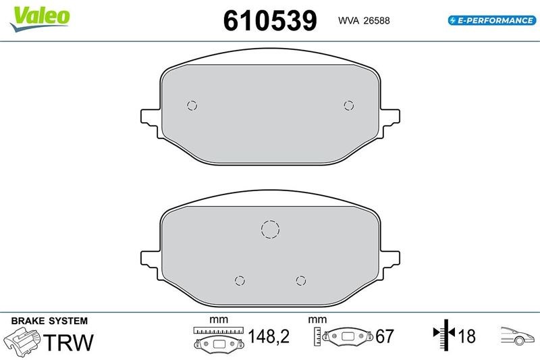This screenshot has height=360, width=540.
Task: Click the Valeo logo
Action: [40, 19]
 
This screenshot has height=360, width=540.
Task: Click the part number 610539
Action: [270, 21]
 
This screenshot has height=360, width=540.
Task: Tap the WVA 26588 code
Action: [364, 21]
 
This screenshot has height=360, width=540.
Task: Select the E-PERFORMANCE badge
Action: [492, 20]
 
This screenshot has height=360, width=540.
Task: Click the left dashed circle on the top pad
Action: [192, 105]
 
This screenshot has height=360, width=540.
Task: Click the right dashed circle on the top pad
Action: [349, 105]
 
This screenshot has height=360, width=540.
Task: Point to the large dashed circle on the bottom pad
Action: [271, 229]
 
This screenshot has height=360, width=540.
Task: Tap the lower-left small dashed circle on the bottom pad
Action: [240, 281]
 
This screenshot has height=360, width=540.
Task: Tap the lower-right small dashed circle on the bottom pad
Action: [301, 281]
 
